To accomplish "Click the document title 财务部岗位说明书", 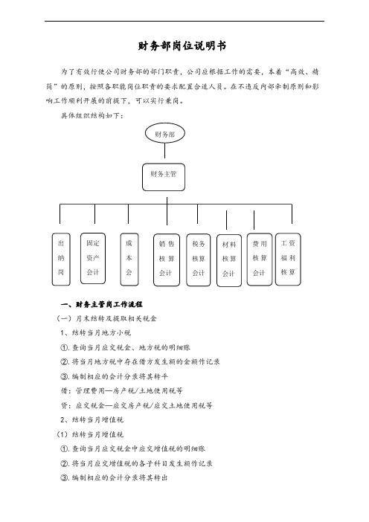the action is (182, 45).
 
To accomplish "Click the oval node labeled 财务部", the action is (165, 134).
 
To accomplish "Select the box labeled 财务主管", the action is (164, 177).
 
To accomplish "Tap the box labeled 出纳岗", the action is (61, 259).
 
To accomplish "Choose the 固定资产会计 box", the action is (93, 258).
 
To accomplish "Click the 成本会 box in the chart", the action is (129, 260).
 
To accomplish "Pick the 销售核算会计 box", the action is (167, 260).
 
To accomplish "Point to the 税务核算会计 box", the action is (199, 260).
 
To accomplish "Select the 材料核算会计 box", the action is (229, 260).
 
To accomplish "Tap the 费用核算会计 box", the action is (260, 260).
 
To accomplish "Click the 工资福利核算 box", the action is (288, 259).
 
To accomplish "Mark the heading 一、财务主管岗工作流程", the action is (102, 304).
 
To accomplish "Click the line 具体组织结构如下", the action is (92, 116).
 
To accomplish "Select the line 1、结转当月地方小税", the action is (96, 333).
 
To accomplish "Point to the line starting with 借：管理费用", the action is (121, 391).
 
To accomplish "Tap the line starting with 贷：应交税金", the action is (137, 405).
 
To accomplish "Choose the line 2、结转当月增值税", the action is (92, 420).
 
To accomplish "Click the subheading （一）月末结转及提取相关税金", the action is (106, 318).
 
